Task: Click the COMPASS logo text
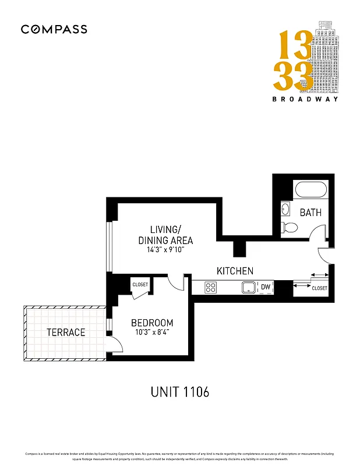54,29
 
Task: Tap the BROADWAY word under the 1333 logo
305,98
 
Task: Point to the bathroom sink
285,209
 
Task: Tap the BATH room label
310,213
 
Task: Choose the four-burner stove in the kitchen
210,287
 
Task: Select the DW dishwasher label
266,287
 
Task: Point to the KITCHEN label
235,271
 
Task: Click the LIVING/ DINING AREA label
165,234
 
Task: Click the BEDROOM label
152,323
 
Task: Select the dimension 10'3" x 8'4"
152,334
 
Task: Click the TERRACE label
66,332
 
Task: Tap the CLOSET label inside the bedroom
140,284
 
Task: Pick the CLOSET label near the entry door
319,288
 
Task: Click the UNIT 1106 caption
179,392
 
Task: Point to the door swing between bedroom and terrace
115,344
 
